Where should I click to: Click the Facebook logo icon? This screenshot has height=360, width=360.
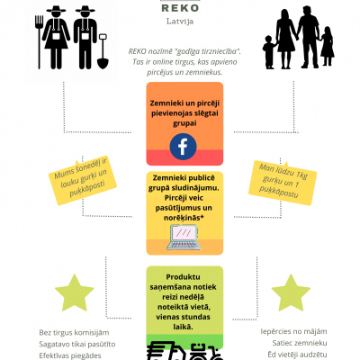point(183,147)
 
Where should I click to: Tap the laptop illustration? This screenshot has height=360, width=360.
point(184,238)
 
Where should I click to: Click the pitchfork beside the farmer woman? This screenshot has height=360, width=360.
point(39,42)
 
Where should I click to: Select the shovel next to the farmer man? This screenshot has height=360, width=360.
point(103,51)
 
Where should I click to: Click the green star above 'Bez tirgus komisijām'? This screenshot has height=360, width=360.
point(75,292)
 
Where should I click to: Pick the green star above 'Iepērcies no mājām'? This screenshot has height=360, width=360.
point(291,292)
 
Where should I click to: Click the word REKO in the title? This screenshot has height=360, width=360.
point(180,8)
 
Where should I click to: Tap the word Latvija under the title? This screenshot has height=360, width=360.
point(180,22)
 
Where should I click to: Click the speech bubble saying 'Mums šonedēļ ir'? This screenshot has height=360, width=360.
point(83,181)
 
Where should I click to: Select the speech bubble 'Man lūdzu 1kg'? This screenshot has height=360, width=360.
point(283,183)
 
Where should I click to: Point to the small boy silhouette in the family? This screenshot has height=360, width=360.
point(269,52)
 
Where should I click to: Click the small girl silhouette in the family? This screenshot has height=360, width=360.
point(327,46)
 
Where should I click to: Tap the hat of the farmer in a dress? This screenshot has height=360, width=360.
point(56,9)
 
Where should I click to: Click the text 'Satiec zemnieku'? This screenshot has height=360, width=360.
point(300,343)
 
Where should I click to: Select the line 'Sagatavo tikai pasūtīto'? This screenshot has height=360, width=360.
point(77,344)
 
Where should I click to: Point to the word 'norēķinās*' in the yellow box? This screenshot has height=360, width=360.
point(182,218)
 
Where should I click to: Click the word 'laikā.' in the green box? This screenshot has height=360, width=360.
point(183,327)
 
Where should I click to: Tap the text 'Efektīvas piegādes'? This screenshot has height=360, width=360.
point(70,355)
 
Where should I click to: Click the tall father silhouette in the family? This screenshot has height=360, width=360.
point(307,37)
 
